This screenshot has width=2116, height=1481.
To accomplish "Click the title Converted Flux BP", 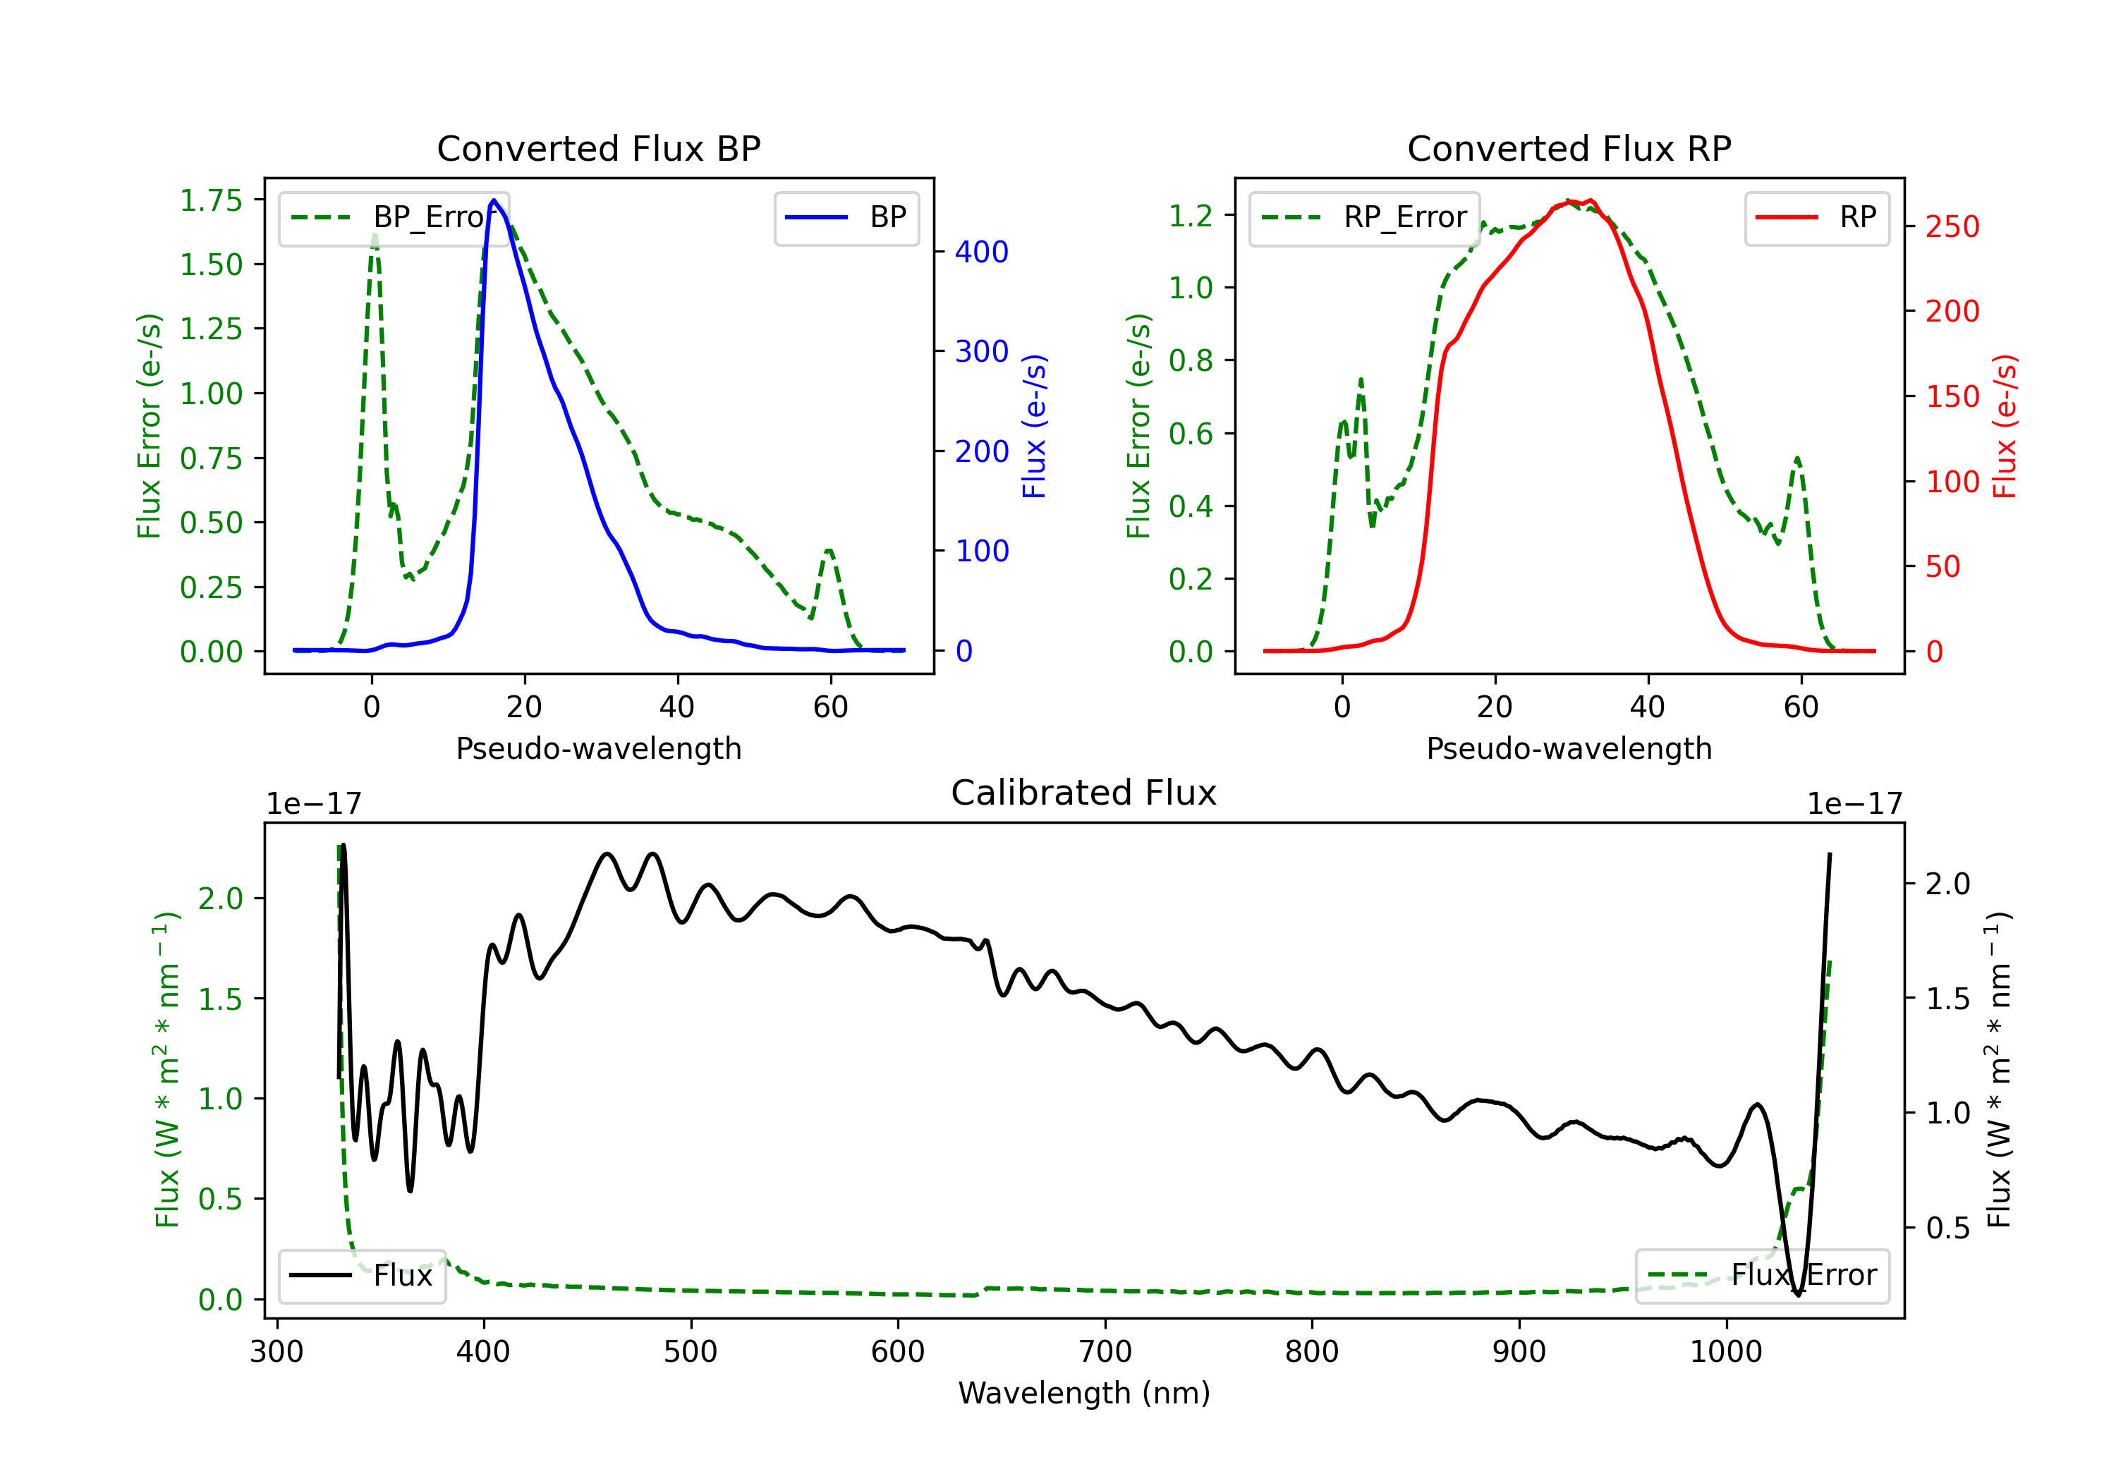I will pos(598,148).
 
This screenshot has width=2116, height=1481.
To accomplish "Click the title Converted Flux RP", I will pos(1569,148).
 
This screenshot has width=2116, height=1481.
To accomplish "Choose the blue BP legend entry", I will pos(846,217).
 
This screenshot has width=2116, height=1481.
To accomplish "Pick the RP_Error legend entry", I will pos(1365,217).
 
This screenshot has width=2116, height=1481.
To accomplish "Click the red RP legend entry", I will pos(1816,217).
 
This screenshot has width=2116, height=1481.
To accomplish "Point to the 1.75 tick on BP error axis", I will pos(210,201).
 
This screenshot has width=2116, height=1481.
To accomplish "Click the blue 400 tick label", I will pos(982,252).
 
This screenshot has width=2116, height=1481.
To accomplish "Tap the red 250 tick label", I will pos(1952,226).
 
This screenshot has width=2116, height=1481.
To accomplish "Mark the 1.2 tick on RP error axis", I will pos(1191,216).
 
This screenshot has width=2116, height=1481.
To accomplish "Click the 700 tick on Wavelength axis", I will pos(1105,1351).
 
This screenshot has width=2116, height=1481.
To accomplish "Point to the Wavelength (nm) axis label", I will pos(1084,1393).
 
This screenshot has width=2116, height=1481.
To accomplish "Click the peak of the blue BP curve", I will pos(494,200).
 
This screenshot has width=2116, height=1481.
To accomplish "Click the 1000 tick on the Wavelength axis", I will pos(1726,1351).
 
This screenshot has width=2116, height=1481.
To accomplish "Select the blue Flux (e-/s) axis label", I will pos(1034,426).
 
